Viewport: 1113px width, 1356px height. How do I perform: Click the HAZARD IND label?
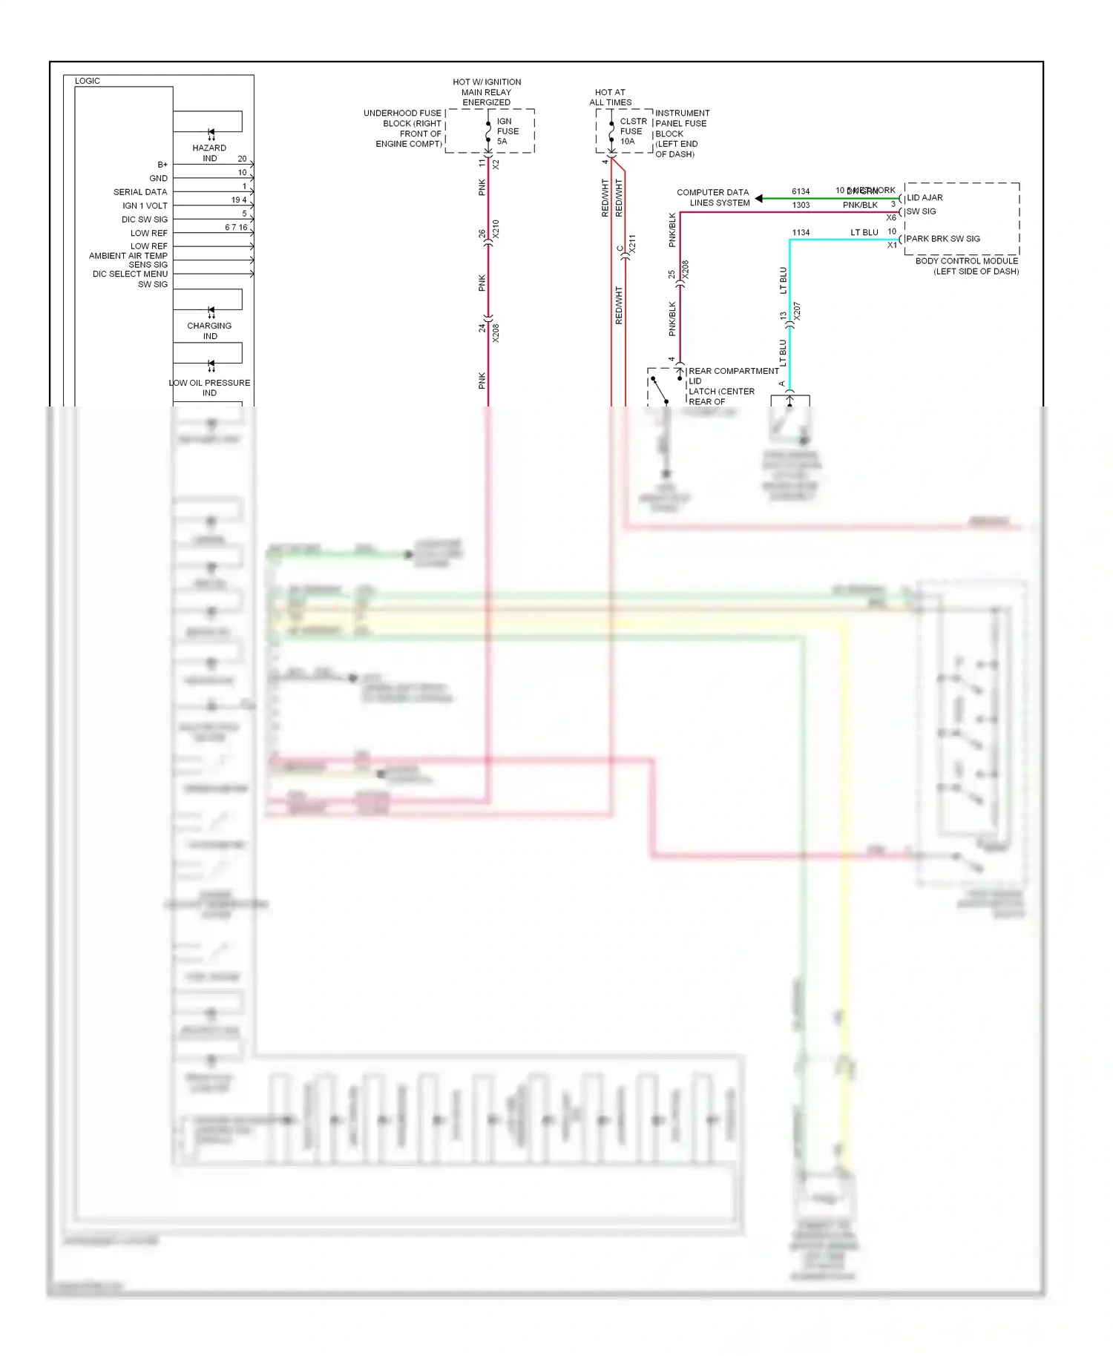point(209,153)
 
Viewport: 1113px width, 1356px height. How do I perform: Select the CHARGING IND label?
point(209,331)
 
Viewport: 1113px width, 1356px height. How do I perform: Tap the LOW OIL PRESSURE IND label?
point(209,387)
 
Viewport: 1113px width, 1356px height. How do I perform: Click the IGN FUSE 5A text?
point(507,131)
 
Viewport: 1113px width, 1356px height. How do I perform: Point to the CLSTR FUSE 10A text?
point(632,131)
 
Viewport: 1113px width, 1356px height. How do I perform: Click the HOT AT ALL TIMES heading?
point(610,97)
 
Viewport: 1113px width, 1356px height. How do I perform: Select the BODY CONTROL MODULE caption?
point(967,266)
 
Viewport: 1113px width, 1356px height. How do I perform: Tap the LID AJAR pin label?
point(925,198)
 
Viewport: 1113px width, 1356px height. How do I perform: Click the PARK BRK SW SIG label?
point(942,239)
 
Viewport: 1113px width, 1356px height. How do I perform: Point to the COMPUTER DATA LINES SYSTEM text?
point(713,197)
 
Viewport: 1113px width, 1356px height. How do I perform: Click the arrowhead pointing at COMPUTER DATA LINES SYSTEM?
point(759,198)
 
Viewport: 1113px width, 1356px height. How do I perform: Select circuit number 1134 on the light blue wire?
point(801,233)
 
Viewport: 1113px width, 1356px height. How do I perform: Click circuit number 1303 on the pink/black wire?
point(801,205)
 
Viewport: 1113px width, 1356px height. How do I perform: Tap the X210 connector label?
point(496,229)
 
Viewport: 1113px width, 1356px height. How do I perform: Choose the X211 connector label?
point(632,244)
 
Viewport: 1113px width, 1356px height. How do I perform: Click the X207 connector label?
point(797,311)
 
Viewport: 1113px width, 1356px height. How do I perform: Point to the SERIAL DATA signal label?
point(140,192)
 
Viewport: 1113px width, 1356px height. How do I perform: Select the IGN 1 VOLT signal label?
point(145,205)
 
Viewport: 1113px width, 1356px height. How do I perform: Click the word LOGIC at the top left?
point(88,81)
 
